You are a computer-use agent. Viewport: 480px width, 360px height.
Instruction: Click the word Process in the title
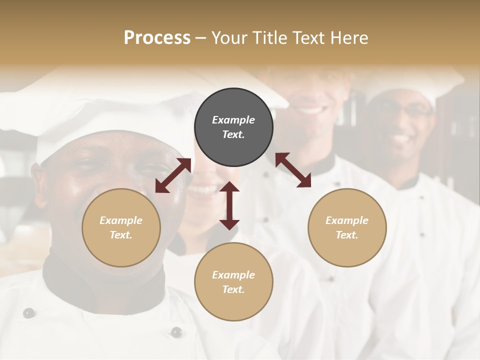(157, 38)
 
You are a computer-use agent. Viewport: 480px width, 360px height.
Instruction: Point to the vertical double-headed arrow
(229, 205)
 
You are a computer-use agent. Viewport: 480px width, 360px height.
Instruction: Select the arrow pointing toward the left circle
(173, 175)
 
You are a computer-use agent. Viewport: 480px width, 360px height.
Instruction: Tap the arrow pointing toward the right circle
(293, 170)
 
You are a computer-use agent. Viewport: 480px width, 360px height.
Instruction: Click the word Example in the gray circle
(233, 120)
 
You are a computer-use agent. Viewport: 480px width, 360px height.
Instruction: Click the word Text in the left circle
(120, 235)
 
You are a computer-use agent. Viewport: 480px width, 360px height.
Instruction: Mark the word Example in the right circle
(347, 220)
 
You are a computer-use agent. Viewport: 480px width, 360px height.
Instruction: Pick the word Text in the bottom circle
(233, 289)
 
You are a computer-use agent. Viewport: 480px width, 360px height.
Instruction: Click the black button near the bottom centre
(176, 332)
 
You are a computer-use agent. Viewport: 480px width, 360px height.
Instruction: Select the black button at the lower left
(29, 313)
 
